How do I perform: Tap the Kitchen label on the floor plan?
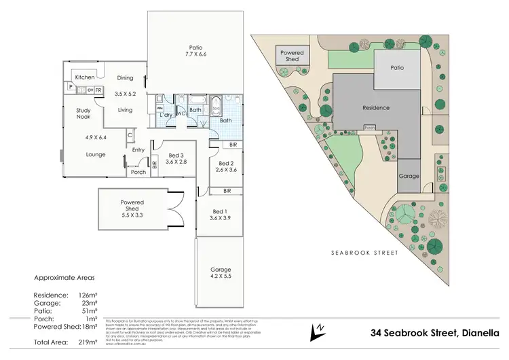click(x=85, y=77)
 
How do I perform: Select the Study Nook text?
click(x=83, y=113)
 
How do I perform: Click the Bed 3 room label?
click(x=176, y=158)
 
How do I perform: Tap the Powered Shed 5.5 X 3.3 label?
click(x=133, y=206)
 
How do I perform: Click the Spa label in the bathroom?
click(x=216, y=107)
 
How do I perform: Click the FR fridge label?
click(x=98, y=89)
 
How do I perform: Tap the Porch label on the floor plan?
click(x=138, y=172)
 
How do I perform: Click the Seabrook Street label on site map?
click(x=364, y=252)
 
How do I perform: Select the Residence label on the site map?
click(x=375, y=107)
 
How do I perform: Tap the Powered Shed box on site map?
click(x=293, y=56)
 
